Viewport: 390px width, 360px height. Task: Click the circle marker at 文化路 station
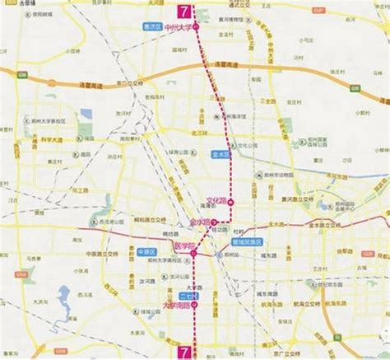[x=231, y=201]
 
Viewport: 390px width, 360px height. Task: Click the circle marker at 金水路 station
[x=216, y=222]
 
